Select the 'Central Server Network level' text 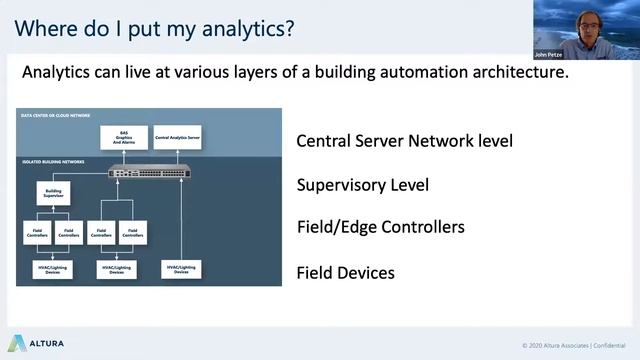pyautogui.click(x=404, y=141)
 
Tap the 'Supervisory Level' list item pyautogui.click(x=362, y=185)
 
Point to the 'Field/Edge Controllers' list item pyautogui.click(x=380, y=227)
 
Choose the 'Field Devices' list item pyautogui.click(x=345, y=272)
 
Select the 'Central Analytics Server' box pyautogui.click(x=177, y=139)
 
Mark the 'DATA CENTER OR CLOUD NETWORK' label pyautogui.click(x=57, y=115)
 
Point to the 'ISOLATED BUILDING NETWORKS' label pyautogui.click(x=53, y=161)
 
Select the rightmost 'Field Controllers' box pyautogui.click(x=131, y=233)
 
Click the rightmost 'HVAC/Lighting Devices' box pyautogui.click(x=181, y=269)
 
